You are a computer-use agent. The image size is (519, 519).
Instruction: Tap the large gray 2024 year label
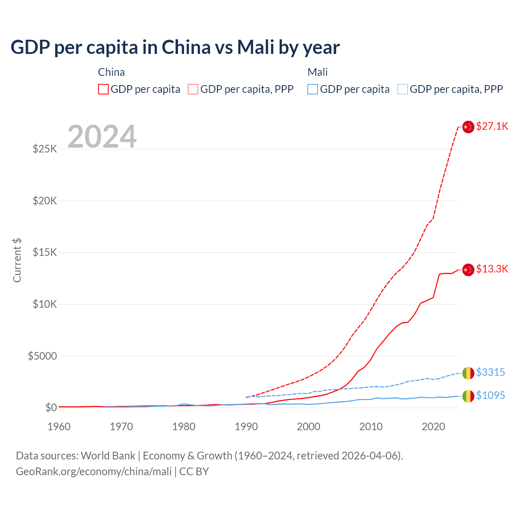[102, 137]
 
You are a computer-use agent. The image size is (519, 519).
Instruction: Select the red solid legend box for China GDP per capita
[103, 89]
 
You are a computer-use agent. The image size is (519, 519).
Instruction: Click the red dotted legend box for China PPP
[193, 89]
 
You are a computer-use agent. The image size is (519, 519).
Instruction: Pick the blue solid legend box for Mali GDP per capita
[312, 89]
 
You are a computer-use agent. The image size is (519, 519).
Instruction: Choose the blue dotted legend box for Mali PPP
[402, 89]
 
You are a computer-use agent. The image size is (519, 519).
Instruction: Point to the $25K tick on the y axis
[45, 149]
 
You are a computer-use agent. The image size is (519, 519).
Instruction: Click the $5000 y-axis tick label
[42, 356]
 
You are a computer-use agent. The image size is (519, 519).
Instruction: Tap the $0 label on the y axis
[51, 407]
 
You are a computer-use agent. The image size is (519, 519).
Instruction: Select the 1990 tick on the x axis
[246, 427]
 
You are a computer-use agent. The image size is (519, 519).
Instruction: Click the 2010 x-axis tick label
[371, 427]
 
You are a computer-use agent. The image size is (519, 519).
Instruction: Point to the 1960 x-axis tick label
[59, 427]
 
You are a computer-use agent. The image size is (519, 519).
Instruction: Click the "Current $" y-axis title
[17, 260]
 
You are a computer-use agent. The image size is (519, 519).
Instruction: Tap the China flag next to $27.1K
[468, 127]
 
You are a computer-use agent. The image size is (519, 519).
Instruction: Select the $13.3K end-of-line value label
[492, 269]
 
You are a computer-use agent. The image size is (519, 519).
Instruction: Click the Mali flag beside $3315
[468, 373]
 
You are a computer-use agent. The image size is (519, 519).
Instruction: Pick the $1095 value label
[490, 395]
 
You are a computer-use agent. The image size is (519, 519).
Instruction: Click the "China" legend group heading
[112, 72]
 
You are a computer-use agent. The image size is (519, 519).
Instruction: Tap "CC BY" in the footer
[194, 472]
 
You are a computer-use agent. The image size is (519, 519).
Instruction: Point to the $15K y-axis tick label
[45, 252]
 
